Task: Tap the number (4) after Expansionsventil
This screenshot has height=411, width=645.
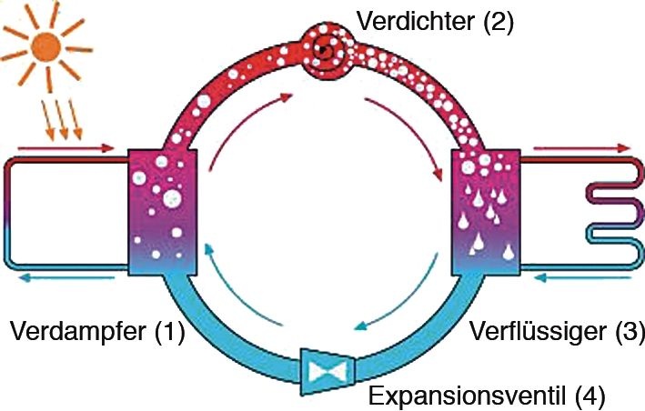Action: [584, 396]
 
